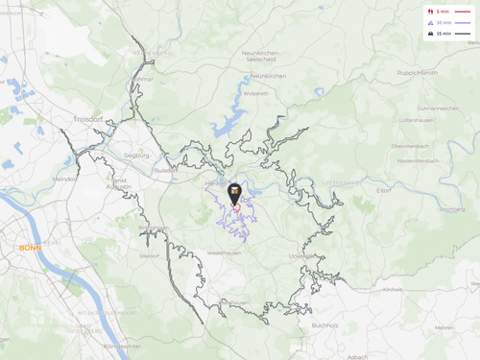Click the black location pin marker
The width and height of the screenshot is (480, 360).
click(x=235, y=193)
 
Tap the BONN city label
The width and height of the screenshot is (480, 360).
click(x=30, y=248)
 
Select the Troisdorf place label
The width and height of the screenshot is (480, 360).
click(x=86, y=118)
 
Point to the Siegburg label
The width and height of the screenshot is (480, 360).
click(x=135, y=154)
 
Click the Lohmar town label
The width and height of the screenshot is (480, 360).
click(x=143, y=79)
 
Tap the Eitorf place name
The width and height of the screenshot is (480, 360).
click(x=384, y=190)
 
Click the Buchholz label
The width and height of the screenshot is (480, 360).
click(x=324, y=324)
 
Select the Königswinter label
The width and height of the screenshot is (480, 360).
click(x=122, y=346)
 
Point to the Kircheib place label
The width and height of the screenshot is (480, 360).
click(x=392, y=288)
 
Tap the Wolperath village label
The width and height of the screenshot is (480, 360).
click(x=256, y=93)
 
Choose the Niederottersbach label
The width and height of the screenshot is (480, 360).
click(x=419, y=160)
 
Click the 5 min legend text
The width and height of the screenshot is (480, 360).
click(x=443, y=12)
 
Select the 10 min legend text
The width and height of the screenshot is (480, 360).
click(x=444, y=22)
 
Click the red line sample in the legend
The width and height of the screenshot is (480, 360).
click(x=463, y=12)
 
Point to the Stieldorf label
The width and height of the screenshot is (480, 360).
click(x=150, y=256)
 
